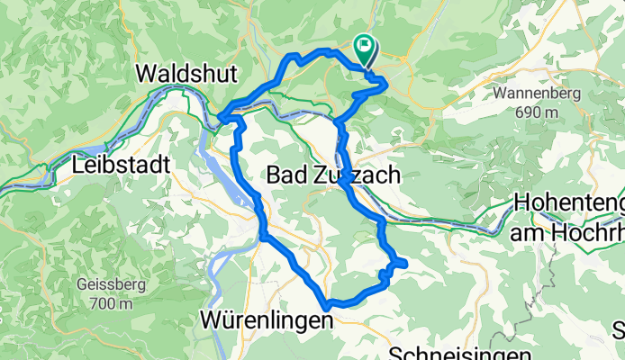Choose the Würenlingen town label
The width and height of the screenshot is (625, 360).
261,320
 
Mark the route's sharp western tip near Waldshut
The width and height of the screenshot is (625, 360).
221,115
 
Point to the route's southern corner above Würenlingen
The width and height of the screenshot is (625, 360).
329,304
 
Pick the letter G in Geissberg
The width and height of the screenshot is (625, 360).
84,286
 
